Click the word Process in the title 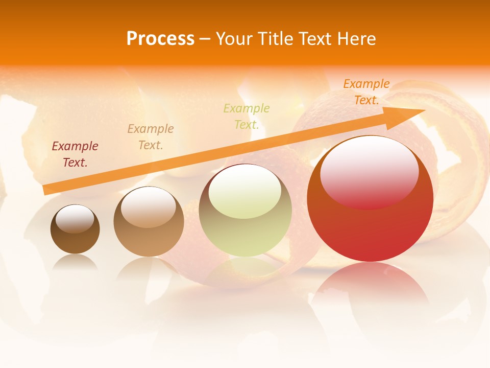tap(160, 39)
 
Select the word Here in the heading tap(356, 39)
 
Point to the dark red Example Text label tap(75, 154)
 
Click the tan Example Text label tap(151, 137)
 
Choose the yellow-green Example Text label tap(247, 116)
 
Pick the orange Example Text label tap(366, 92)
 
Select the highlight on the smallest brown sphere tap(75, 219)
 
